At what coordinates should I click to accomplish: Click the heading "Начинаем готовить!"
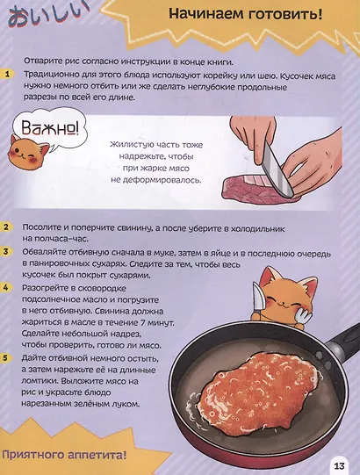[x=246, y=14]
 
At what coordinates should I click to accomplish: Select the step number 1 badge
[x=7, y=75]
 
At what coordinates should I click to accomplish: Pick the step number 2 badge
[x=7, y=227]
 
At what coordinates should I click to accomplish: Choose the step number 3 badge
[x=7, y=252]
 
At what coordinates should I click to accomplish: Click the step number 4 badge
[x=6, y=287]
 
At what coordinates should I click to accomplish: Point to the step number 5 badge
[x=6, y=357]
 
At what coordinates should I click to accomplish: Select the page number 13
[x=340, y=465]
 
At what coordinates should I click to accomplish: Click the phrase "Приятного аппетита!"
[x=64, y=454]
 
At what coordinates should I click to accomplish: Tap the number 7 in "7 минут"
[x=143, y=322]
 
